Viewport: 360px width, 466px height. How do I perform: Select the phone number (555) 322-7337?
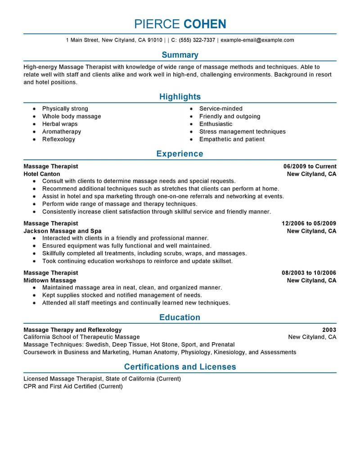click(197, 40)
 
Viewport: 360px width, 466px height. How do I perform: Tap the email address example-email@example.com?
click(257, 40)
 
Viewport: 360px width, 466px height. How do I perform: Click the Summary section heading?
click(180, 55)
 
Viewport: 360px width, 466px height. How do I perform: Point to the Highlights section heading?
click(180, 97)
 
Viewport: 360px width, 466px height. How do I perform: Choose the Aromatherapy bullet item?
click(62, 131)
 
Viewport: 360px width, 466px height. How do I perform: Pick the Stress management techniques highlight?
click(243, 131)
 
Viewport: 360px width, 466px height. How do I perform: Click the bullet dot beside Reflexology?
click(35, 140)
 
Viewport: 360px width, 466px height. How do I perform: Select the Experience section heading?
click(180, 154)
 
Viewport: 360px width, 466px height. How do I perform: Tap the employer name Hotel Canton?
click(42, 174)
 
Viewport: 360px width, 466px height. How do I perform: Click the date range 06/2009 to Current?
click(310, 166)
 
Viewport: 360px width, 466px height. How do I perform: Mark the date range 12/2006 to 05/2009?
click(309, 223)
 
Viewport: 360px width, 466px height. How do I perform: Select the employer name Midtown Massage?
click(49, 281)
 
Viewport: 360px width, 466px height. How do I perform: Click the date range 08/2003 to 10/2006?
click(309, 273)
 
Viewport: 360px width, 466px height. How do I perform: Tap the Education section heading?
click(180, 317)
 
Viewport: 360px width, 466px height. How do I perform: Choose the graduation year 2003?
click(329, 330)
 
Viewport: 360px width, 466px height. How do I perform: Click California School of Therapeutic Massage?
click(81, 337)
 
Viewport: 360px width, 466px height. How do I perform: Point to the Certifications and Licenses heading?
click(180, 366)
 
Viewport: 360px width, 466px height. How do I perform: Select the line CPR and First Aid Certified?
click(73, 386)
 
